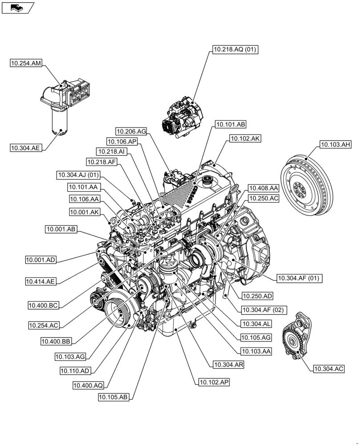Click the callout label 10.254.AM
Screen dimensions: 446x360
click(26, 64)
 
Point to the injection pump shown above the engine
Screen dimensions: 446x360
click(182, 116)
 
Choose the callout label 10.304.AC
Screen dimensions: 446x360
click(329, 368)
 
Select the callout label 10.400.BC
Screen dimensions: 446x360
click(43, 306)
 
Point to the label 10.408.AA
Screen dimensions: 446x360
click(263, 188)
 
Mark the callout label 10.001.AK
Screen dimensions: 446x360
click(85, 212)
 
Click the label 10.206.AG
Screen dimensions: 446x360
click(131, 131)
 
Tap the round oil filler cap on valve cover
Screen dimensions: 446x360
click(206, 181)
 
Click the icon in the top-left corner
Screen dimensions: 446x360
click(17, 7)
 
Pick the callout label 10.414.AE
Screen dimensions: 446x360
click(41, 281)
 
